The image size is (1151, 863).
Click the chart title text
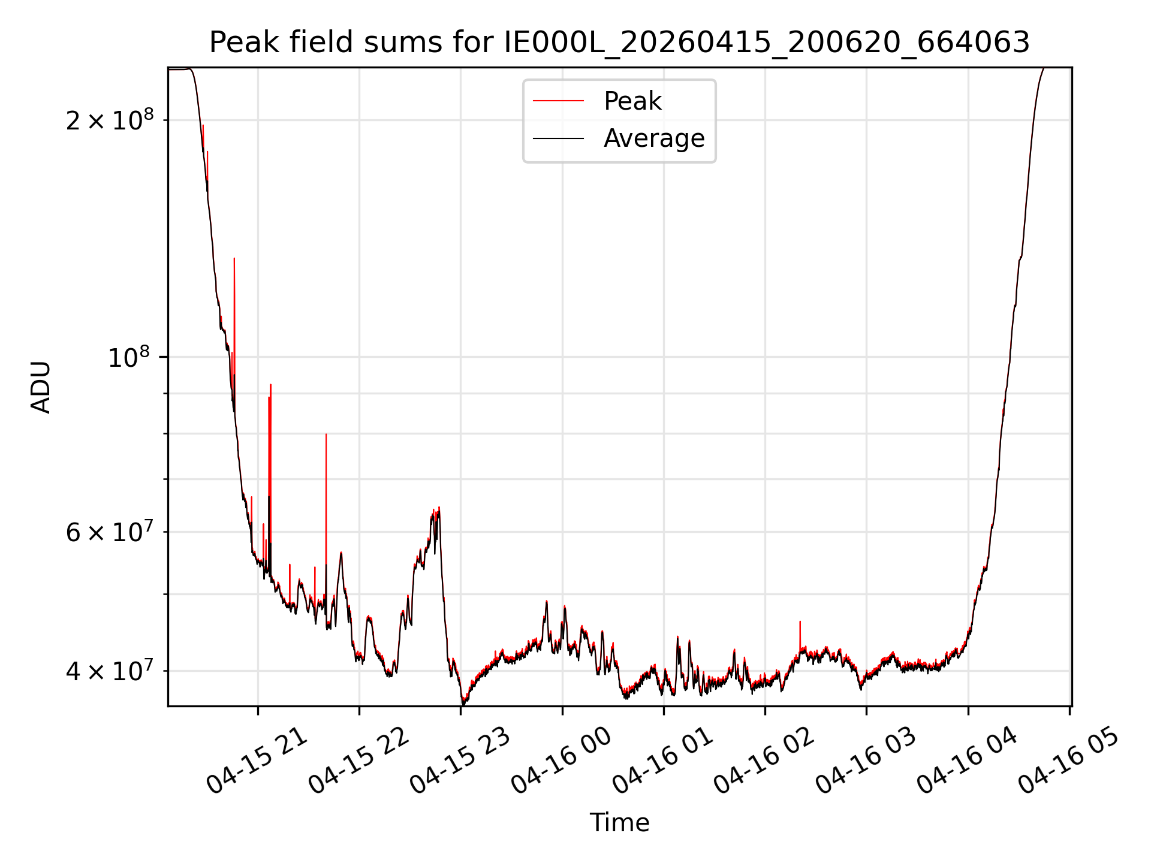pos(619,43)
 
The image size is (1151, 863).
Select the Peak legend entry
pos(632,101)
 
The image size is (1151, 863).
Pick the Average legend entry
pos(654,138)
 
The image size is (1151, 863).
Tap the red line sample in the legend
pos(558,101)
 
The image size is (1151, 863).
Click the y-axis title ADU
pos(41,387)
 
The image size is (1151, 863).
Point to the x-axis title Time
pos(619,823)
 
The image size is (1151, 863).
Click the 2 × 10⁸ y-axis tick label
pos(110,119)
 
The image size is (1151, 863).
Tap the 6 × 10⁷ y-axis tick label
pos(110,531)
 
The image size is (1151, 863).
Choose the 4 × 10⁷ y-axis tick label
pos(110,670)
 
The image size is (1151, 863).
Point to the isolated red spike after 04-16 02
pos(800,621)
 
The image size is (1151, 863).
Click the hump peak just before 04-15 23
pos(439,508)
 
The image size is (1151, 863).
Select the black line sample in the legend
pos(558,138)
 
